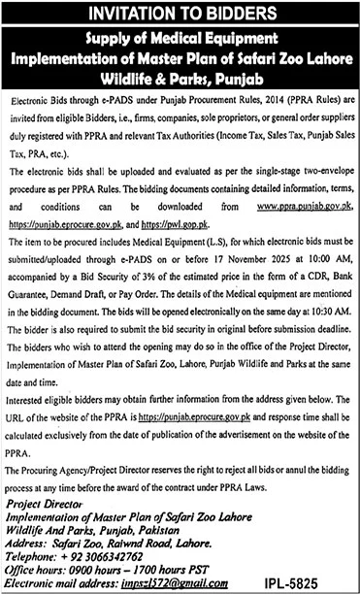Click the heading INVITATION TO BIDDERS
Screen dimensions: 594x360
[x=180, y=14]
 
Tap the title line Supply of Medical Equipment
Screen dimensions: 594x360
[x=180, y=39]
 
